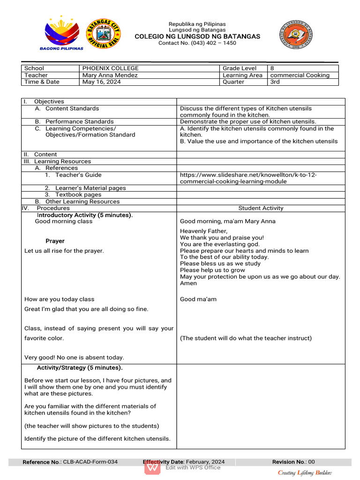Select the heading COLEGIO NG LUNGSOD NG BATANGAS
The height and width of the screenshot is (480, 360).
coord(197,37)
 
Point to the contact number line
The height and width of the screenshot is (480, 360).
coord(197,43)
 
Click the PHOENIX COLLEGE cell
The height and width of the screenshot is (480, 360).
coord(111,68)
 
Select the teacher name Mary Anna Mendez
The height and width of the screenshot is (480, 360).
coord(110,75)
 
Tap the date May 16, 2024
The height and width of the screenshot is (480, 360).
coord(102,82)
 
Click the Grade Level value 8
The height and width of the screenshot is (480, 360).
coord(272,68)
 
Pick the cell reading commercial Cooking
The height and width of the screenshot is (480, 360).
coord(300,75)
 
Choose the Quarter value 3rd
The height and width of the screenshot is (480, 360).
coord(275,82)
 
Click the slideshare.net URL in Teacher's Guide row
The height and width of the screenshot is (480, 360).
coord(248,178)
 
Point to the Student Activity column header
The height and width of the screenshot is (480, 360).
coord(261,208)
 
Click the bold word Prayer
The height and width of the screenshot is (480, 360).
coord(55,241)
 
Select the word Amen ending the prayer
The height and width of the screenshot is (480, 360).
coord(188,283)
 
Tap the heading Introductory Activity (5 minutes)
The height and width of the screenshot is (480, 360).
coord(84,215)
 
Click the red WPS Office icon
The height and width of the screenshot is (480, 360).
coord(152,467)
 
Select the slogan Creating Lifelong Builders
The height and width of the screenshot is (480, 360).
coord(305,472)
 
